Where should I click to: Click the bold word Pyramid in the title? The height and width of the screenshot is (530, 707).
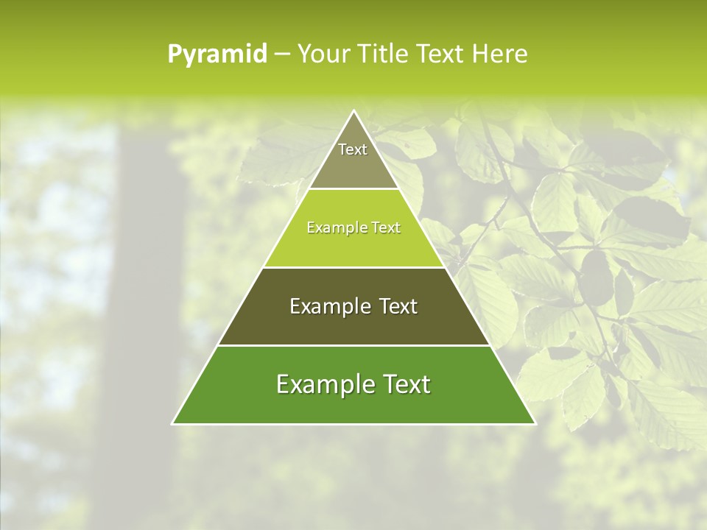coord(217,54)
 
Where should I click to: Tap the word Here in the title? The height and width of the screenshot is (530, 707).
coord(501,54)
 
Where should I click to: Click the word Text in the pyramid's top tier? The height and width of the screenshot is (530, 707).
coord(353,149)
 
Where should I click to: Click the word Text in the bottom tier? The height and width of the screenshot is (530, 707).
coord(401,384)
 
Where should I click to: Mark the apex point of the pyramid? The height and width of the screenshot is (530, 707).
coord(353,111)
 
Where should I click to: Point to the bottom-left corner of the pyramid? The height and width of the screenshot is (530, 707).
coord(173,423)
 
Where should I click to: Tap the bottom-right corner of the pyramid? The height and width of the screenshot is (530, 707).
coord(535,423)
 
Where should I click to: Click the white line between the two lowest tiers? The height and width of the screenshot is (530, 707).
coord(353,345)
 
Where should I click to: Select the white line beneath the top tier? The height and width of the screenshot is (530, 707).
coord(353,189)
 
